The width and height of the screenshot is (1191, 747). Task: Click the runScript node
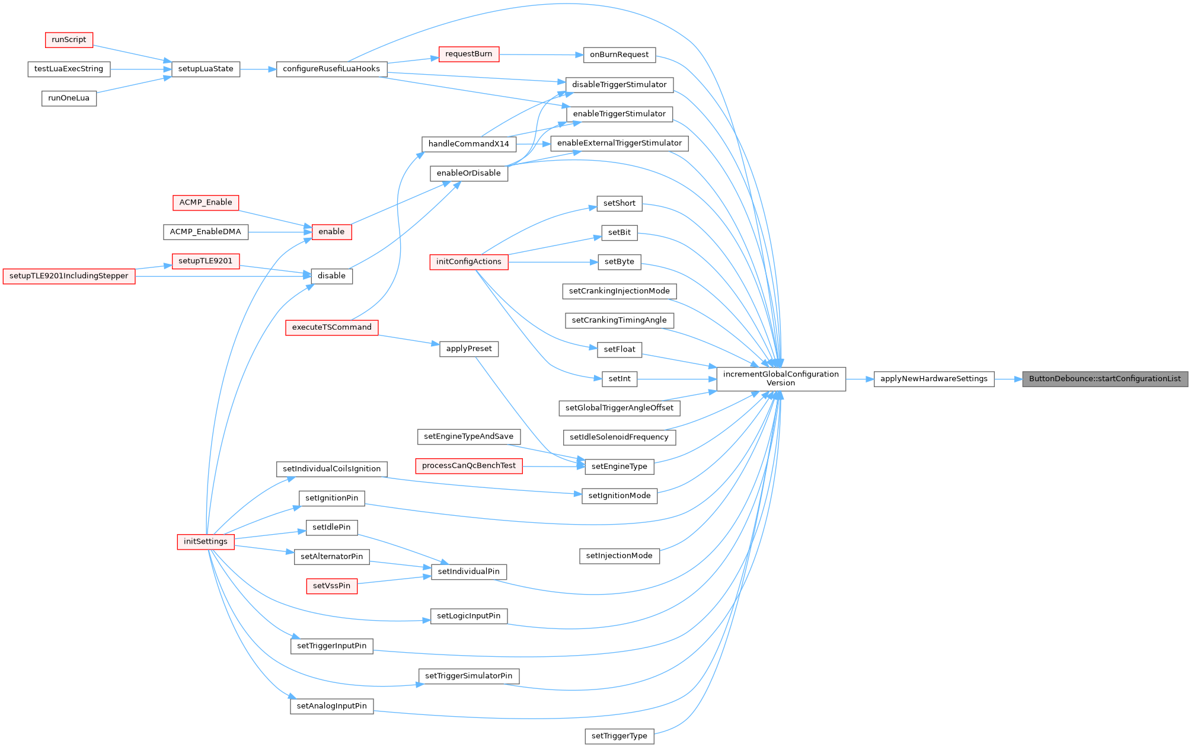(x=69, y=40)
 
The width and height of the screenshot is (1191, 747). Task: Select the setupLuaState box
(x=206, y=69)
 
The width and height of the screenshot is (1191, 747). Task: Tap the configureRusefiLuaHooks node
(x=331, y=69)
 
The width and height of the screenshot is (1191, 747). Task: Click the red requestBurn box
(x=468, y=54)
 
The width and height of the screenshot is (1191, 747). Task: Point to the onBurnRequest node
(x=619, y=55)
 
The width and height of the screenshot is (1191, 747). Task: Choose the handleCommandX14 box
(x=468, y=143)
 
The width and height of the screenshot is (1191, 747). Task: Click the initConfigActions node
(x=468, y=261)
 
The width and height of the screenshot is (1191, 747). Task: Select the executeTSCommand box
(x=331, y=327)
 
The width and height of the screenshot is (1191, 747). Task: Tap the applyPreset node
(x=468, y=349)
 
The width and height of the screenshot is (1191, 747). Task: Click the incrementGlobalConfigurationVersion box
(x=781, y=378)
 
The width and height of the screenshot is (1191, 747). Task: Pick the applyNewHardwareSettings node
(x=934, y=379)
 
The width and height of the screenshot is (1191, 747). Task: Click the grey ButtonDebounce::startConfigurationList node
(x=1104, y=379)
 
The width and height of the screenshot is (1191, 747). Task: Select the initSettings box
(x=205, y=541)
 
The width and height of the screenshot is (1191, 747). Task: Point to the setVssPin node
(x=331, y=586)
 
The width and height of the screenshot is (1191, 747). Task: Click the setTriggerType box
(x=619, y=736)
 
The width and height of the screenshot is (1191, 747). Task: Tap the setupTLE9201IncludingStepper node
(x=69, y=276)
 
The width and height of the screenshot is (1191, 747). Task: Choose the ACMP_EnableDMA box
(x=205, y=232)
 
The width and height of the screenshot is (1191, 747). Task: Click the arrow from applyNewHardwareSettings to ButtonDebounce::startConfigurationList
(x=1008, y=379)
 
